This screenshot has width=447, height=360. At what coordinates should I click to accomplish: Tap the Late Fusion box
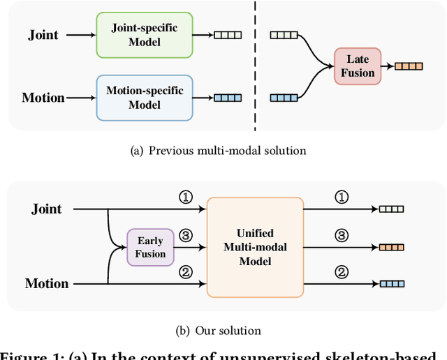pyautogui.click(x=358, y=66)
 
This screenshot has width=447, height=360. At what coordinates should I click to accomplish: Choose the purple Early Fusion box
pyautogui.click(x=150, y=247)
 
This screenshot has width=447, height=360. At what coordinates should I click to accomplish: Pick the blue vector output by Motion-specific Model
pyautogui.click(x=227, y=98)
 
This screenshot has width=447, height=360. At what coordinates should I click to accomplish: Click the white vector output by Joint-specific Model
pyautogui.click(x=227, y=34)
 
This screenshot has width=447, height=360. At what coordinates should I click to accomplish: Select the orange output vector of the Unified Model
pyautogui.click(x=391, y=247)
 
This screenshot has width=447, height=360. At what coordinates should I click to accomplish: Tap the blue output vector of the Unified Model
pyautogui.click(x=391, y=283)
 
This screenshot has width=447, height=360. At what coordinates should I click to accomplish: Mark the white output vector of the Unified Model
pyautogui.click(x=391, y=209)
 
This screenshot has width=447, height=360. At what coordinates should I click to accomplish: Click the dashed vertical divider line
pyautogui.click(x=255, y=66)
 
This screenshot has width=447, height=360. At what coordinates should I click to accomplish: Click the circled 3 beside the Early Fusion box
pyautogui.click(x=185, y=235)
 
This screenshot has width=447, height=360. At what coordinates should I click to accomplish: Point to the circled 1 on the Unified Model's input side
pyautogui.click(x=185, y=197)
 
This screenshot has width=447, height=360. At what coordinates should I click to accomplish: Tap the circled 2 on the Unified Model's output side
pyautogui.click(x=342, y=272)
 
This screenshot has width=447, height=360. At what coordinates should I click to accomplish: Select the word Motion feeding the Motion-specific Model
pyautogui.click(x=43, y=98)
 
